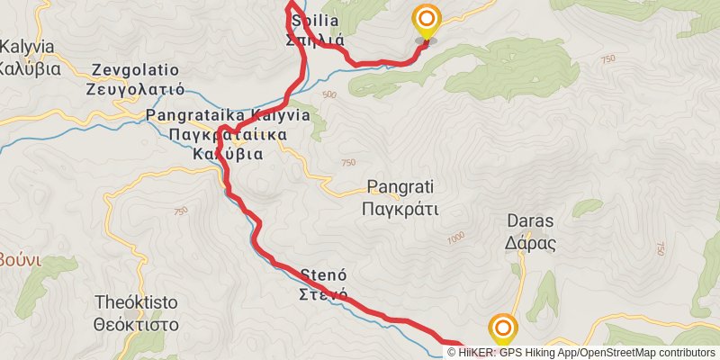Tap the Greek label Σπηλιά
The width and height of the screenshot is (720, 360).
pos(310,39)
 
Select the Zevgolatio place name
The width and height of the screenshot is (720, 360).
pos(135,70)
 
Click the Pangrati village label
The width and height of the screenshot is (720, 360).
pos(400,188)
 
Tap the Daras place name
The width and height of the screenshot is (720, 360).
pos(530,221)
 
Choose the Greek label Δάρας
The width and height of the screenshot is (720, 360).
pos(530,242)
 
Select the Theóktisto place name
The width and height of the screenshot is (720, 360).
pos(137,303)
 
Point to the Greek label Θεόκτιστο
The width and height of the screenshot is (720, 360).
pos(137,324)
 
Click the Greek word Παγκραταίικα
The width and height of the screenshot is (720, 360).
pos(228,135)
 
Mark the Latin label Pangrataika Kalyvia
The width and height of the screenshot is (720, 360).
pos(228,116)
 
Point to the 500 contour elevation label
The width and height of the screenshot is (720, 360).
pos(328,94)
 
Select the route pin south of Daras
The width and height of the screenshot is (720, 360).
pos(502,330)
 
